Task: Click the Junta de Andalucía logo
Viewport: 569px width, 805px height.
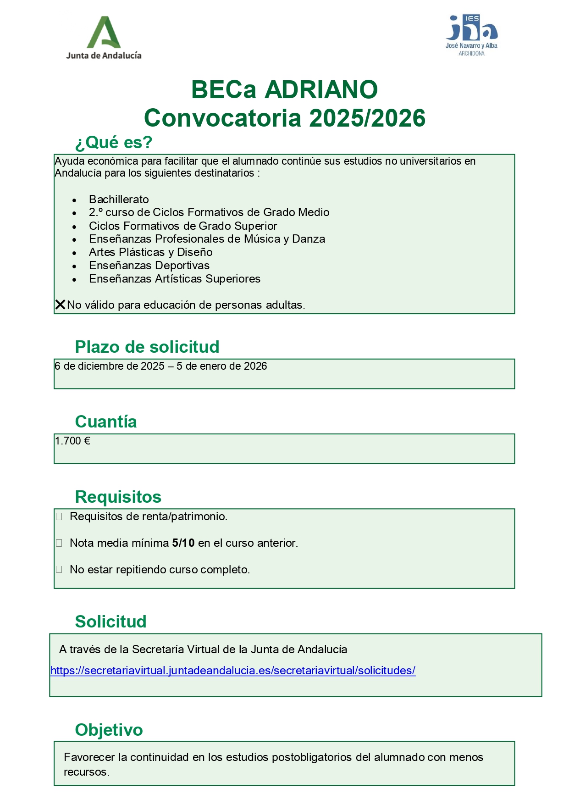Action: point(104,38)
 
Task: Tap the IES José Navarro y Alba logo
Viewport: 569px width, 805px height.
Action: point(471,35)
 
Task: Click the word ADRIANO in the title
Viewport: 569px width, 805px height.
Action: point(321,89)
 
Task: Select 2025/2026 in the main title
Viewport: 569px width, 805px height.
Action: point(367,118)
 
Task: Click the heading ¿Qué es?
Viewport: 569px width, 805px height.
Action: point(114,143)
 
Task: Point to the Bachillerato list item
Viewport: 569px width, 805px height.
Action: point(119,200)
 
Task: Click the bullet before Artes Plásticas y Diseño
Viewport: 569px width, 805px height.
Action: point(74,253)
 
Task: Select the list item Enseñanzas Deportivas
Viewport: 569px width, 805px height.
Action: point(149,266)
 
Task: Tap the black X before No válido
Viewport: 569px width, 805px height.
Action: point(60,305)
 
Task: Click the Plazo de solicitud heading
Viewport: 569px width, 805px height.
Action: point(147,347)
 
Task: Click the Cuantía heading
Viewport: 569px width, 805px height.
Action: point(106,422)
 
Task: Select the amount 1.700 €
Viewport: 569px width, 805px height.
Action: point(72,441)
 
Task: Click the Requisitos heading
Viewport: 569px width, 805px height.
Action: point(118,497)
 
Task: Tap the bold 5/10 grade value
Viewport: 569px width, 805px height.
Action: point(183,543)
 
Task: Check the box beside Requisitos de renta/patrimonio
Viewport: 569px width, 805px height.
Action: point(59,517)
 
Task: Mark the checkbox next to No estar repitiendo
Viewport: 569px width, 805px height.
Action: point(59,570)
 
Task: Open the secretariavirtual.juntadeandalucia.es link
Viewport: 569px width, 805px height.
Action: point(233,671)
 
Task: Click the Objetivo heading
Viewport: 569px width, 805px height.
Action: point(109,730)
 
